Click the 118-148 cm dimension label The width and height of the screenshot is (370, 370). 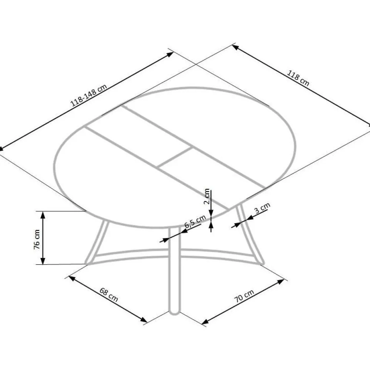coord(89,95)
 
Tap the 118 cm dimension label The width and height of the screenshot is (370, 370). coord(298,78)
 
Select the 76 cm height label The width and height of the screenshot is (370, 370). coord(37,239)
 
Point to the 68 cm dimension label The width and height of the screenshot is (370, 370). coord(108,295)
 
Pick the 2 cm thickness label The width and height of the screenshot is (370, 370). coord(207,196)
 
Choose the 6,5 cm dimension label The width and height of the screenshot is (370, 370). coord(195,221)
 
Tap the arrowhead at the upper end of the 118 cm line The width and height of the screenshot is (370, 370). coord(235,47)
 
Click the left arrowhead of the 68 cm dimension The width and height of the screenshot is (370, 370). coord(72,278)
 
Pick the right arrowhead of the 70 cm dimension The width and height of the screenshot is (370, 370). coord(281,282)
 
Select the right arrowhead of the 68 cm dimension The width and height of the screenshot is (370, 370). coord(144,320)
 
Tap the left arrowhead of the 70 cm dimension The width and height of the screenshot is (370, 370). coord(205,322)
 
